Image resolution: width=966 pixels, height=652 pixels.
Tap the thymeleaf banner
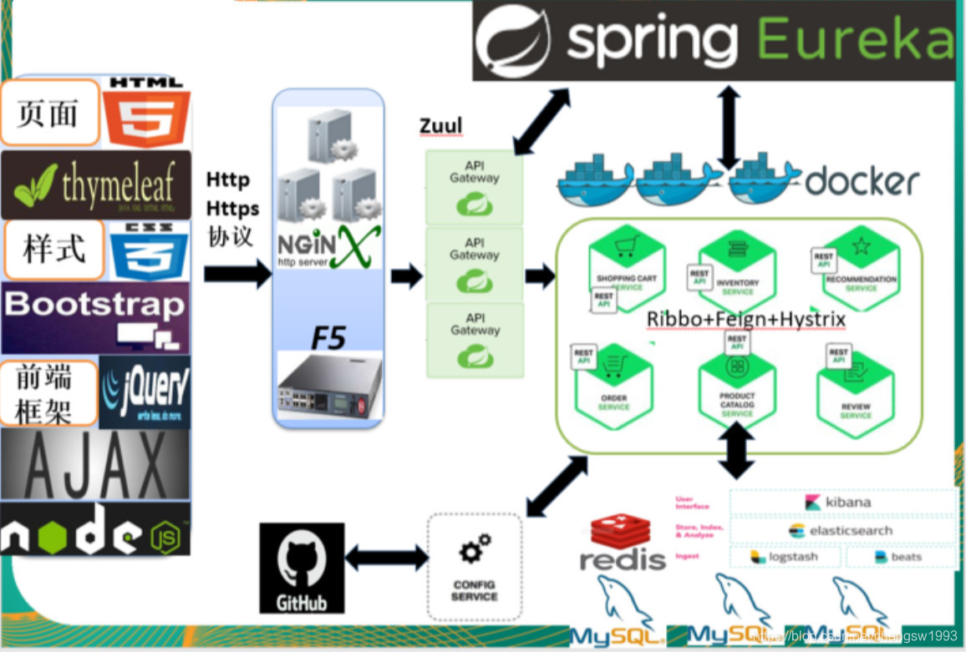(x=96, y=184)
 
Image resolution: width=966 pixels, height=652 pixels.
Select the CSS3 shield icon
(x=150, y=250)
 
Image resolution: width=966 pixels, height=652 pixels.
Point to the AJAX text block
(x=95, y=464)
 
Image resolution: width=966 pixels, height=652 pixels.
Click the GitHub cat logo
(x=302, y=568)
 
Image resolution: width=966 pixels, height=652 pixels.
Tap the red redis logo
(x=623, y=543)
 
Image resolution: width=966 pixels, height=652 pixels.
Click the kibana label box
(x=842, y=502)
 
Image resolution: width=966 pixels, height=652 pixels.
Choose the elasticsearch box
(x=842, y=530)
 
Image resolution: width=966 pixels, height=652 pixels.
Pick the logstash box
(x=785, y=557)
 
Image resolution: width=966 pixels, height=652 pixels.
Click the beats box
(x=900, y=557)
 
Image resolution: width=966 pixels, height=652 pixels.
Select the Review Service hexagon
(x=856, y=392)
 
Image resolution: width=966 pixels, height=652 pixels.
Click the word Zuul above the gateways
(x=440, y=127)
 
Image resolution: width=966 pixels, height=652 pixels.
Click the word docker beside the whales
(x=862, y=179)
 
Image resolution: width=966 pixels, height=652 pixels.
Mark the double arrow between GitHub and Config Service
(x=385, y=558)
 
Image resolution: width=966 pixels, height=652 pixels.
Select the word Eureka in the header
(x=856, y=39)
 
